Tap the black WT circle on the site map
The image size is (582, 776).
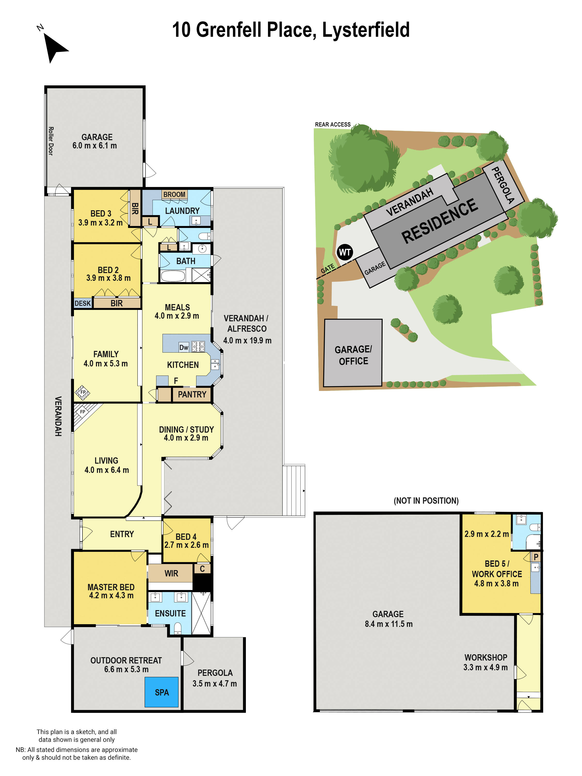click(345, 252)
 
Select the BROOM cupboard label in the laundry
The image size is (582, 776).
click(174, 194)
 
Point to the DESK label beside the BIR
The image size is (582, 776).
click(83, 303)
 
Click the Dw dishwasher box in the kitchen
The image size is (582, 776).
click(184, 347)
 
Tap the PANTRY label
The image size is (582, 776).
click(192, 394)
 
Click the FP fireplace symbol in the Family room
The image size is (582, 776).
click(83, 392)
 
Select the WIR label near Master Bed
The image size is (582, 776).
click(171, 573)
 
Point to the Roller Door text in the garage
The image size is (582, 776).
click(51, 141)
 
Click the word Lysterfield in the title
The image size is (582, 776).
click(365, 30)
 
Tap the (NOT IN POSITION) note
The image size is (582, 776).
click(426, 501)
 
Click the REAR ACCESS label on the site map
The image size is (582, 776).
click(332, 125)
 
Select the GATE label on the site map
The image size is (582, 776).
click(328, 269)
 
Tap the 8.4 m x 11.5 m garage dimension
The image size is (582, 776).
click(388, 624)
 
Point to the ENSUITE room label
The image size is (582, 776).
click(170, 613)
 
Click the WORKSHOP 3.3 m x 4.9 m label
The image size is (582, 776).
click(485, 662)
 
